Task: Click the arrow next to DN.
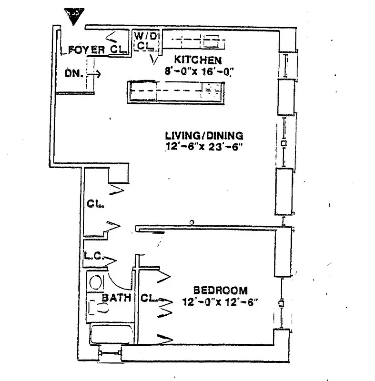click(x=94, y=74)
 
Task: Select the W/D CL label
click(x=143, y=40)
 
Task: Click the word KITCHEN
click(x=197, y=60)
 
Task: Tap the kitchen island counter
click(x=176, y=91)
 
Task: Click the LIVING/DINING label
click(x=204, y=135)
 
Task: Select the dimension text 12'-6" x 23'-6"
click(x=204, y=147)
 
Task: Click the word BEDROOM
click(x=220, y=290)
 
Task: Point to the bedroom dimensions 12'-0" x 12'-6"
click(x=220, y=302)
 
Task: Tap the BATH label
click(x=117, y=298)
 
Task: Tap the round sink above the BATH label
click(x=96, y=282)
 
